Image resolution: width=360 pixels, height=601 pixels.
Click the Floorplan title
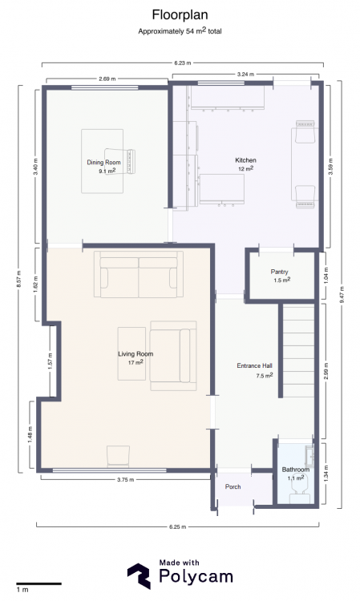tap(180, 15)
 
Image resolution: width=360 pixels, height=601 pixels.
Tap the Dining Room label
tap(103, 163)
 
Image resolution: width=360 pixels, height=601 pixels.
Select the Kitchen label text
tap(245, 160)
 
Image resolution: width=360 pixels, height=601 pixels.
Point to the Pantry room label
tap(279, 272)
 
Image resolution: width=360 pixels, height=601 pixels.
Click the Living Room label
tap(136, 353)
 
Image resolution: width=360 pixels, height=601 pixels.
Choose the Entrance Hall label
tap(255, 365)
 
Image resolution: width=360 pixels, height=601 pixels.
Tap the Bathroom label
tap(296, 470)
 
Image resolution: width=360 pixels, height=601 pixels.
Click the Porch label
tap(233, 486)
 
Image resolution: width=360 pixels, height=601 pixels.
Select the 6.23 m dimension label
tap(183, 63)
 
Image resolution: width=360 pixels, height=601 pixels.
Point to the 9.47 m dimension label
tap(342, 295)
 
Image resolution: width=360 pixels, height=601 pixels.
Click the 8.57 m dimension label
tap(19, 279)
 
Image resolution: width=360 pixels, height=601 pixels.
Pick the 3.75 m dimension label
tap(125, 479)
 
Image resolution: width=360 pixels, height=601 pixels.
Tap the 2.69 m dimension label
tap(107, 79)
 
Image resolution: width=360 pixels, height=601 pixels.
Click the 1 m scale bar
tap(38, 583)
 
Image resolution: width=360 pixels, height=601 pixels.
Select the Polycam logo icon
tap(139, 575)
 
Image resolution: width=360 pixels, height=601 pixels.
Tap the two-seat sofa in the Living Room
tap(139, 274)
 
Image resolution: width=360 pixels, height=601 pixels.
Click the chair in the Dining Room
tap(120, 162)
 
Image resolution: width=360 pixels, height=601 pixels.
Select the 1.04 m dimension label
tap(326, 275)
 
